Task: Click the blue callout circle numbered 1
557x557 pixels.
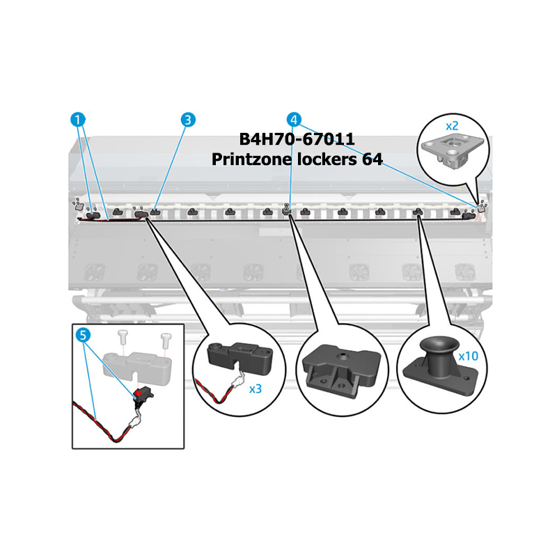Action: (78, 119)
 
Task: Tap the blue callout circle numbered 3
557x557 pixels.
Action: (188, 120)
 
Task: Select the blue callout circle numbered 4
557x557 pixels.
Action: (294, 120)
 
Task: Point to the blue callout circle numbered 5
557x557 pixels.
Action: (83, 335)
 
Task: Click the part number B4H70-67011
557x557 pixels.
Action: (297, 139)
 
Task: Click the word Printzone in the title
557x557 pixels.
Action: (252, 159)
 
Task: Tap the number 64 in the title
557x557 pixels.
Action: (372, 159)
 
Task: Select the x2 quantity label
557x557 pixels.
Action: (452, 126)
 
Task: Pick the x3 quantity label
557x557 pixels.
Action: (256, 389)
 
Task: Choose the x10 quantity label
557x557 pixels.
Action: (468, 356)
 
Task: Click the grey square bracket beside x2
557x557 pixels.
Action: (453, 152)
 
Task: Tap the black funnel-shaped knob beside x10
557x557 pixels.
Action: (440, 366)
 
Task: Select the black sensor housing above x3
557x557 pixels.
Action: (240, 357)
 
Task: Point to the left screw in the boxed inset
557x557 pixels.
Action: (123, 336)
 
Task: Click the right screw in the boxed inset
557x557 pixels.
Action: (166, 340)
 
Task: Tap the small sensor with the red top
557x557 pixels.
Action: (143, 394)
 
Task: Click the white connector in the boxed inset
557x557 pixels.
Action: (134, 423)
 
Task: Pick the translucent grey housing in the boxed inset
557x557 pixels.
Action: (137, 368)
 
